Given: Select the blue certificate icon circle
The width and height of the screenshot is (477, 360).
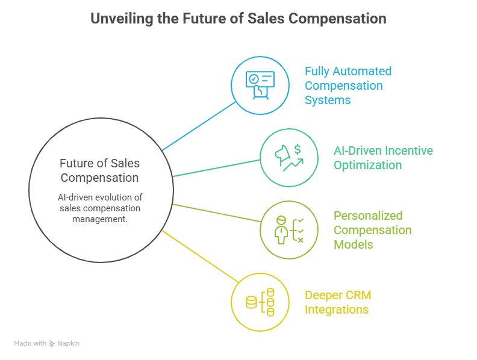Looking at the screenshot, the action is coord(260,86).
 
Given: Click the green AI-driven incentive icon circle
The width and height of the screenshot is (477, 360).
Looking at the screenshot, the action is coord(288,157).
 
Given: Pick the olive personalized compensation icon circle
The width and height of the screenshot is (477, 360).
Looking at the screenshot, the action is coord(288,229).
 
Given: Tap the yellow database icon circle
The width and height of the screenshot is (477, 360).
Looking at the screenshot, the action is coord(260,302).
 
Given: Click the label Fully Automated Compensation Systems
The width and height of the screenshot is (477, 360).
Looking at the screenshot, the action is coord(348,85).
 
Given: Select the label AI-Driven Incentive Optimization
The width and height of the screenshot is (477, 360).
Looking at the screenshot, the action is coord(383,158).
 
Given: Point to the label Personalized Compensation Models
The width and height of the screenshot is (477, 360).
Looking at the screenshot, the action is coord(372,229).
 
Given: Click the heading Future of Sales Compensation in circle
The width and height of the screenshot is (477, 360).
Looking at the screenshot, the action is coord(99,170).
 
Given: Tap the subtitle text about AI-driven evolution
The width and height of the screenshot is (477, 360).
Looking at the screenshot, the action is coord(99,208).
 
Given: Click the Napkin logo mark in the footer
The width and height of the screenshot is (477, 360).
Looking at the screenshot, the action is coord(52,343).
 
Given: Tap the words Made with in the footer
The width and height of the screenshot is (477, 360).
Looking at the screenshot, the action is coord(30,343).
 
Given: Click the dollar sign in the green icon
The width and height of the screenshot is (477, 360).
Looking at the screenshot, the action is coord(298,150).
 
